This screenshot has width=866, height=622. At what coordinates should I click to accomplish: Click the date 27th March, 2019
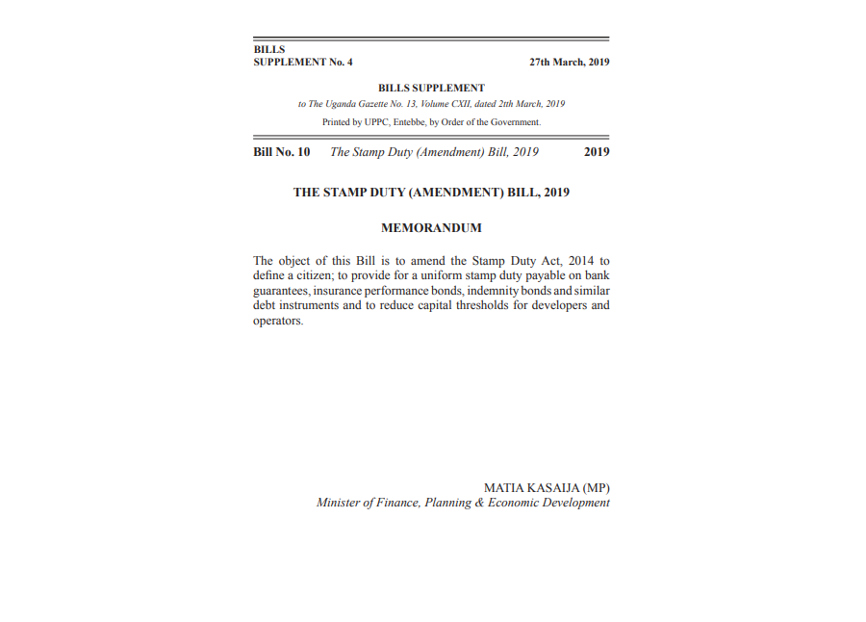pos(569,63)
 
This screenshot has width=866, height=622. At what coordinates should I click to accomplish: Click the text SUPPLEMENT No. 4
pos(303,63)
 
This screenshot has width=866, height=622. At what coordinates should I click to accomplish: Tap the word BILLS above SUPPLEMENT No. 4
pos(268,50)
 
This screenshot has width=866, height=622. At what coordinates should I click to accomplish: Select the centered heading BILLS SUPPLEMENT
pos(431,89)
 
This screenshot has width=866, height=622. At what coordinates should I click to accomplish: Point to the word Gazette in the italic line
pos(373,104)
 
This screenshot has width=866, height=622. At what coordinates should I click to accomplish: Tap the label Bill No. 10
pos(281,152)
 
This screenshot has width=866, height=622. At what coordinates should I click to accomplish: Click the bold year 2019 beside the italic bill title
pos(597,152)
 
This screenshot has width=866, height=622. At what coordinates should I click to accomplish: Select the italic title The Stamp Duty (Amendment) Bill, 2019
pos(434,152)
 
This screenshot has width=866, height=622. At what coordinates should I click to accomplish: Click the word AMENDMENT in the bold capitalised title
pos(457,193)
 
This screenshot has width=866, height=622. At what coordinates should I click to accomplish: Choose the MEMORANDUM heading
pos(431,229)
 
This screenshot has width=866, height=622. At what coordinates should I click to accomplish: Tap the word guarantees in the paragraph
pos(280,291)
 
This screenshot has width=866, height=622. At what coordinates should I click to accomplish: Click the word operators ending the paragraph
pos(277,322)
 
